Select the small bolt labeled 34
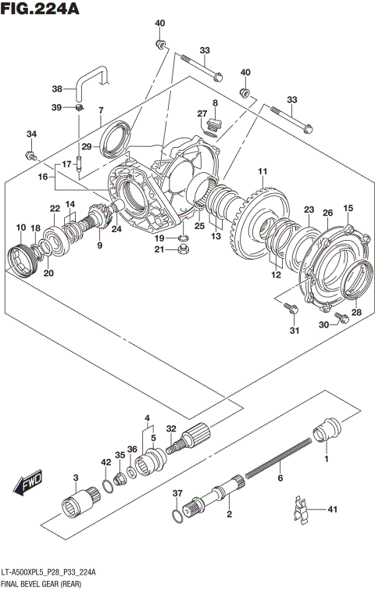(x=33, y=156)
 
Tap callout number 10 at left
(x=21, y=227)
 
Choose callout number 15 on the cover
(x=348, y=207)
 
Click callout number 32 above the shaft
(x=171, y=428)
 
